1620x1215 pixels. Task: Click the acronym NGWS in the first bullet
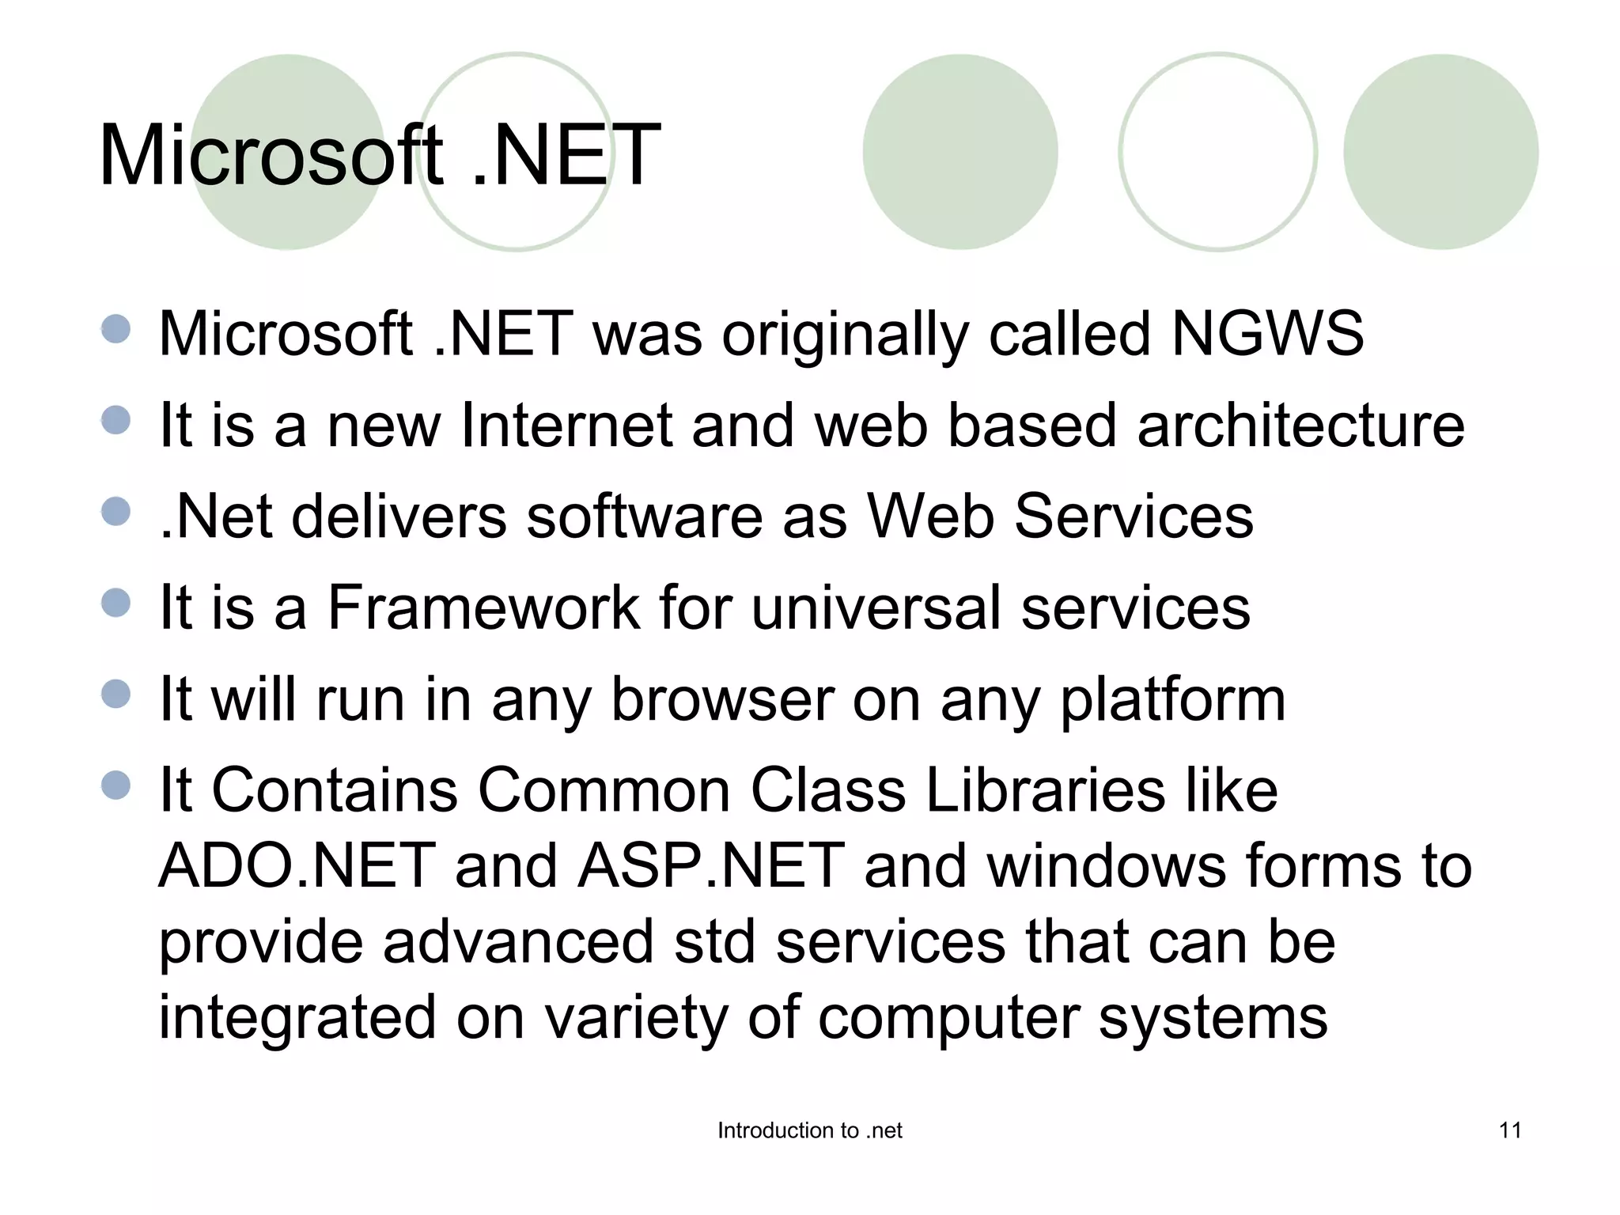(x=1267, y=334)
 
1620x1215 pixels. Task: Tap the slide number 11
(x=1510, y=1130)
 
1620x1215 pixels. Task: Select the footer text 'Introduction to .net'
(x=809, y=1130)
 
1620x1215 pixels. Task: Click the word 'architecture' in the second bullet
(x=1300, y=426)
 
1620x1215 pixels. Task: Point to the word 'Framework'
(x=483, y=607)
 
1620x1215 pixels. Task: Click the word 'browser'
(x=722, y=699)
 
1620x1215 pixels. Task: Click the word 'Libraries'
(x=1045, y=790)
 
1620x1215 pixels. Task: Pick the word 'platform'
(x=1172, y=699)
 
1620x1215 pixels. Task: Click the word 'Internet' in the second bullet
(x=566, y=426)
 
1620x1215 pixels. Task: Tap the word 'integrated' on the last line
(x=297, y=1018)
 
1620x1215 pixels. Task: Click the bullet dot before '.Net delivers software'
(x=116, y=511)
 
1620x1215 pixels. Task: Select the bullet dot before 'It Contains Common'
(x=116, y=785)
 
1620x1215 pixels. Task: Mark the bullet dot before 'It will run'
(x=116, y=694)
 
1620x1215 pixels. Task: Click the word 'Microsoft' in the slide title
(x=271, y=155)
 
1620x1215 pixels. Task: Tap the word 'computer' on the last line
(x=948, y=1018)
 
